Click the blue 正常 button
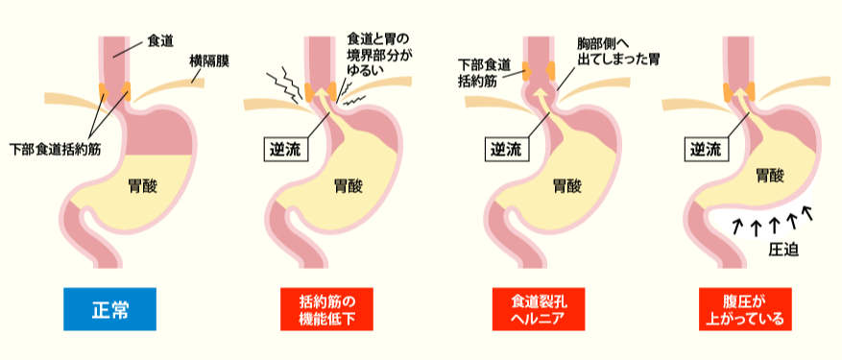coord(108,310)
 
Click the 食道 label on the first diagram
coord(161,41)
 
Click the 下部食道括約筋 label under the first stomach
coord(55,151)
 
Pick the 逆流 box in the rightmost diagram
coord(708,150)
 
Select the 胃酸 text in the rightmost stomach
coord(769,176)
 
